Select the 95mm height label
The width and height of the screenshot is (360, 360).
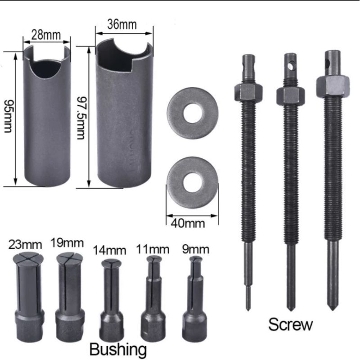8,117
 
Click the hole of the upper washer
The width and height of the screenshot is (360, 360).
193,110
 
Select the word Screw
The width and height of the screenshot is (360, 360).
290,324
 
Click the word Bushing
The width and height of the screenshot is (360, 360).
118,348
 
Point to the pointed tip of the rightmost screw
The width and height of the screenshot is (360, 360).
333,307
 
